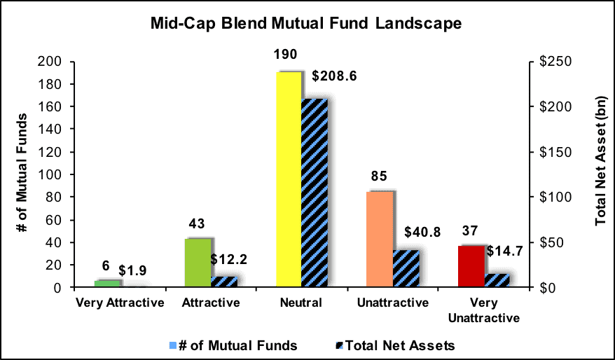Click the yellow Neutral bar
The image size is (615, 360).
coord(289,179)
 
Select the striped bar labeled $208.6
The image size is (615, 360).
coord(315,193)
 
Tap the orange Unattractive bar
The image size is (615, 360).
coord(380,240)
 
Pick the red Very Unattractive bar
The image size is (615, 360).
coord(471,267)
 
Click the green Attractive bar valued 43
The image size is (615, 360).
coord(198,263)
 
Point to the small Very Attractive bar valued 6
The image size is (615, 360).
coord(107,284)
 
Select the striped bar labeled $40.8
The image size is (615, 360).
coord(406,269)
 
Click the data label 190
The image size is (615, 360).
coord(286,55)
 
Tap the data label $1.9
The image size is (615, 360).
coord(132,270)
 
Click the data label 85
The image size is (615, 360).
coord(379,176)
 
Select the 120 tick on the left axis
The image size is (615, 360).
coord(50,152)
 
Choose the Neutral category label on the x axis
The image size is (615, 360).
coord(301,303)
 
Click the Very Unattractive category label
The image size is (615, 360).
coord(484,310)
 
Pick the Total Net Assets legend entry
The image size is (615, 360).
coord(396,345)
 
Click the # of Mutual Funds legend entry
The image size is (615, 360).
coord(233,345)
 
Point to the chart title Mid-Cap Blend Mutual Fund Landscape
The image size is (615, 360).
coord(306,24)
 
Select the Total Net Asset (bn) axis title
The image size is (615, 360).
coord(600,161)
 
